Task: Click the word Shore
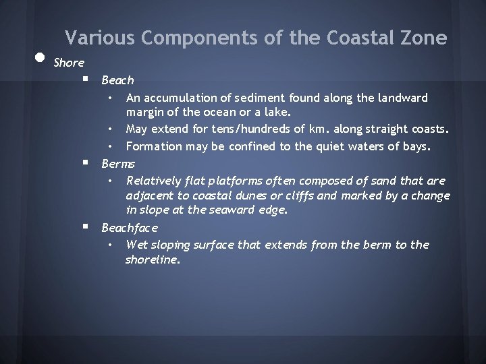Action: click(69, 63)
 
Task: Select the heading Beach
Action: click(117, 81)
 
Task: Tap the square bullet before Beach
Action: click(86, 80)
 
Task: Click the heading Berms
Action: click(118, 164)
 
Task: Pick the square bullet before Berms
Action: click(86, 162)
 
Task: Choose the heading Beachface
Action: click(130, 229)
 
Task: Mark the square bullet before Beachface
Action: click(86, 227)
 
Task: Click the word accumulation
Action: click(179, 98)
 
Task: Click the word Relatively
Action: click(153, 181)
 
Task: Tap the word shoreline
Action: click(153, 260)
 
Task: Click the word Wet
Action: click(137, 245)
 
